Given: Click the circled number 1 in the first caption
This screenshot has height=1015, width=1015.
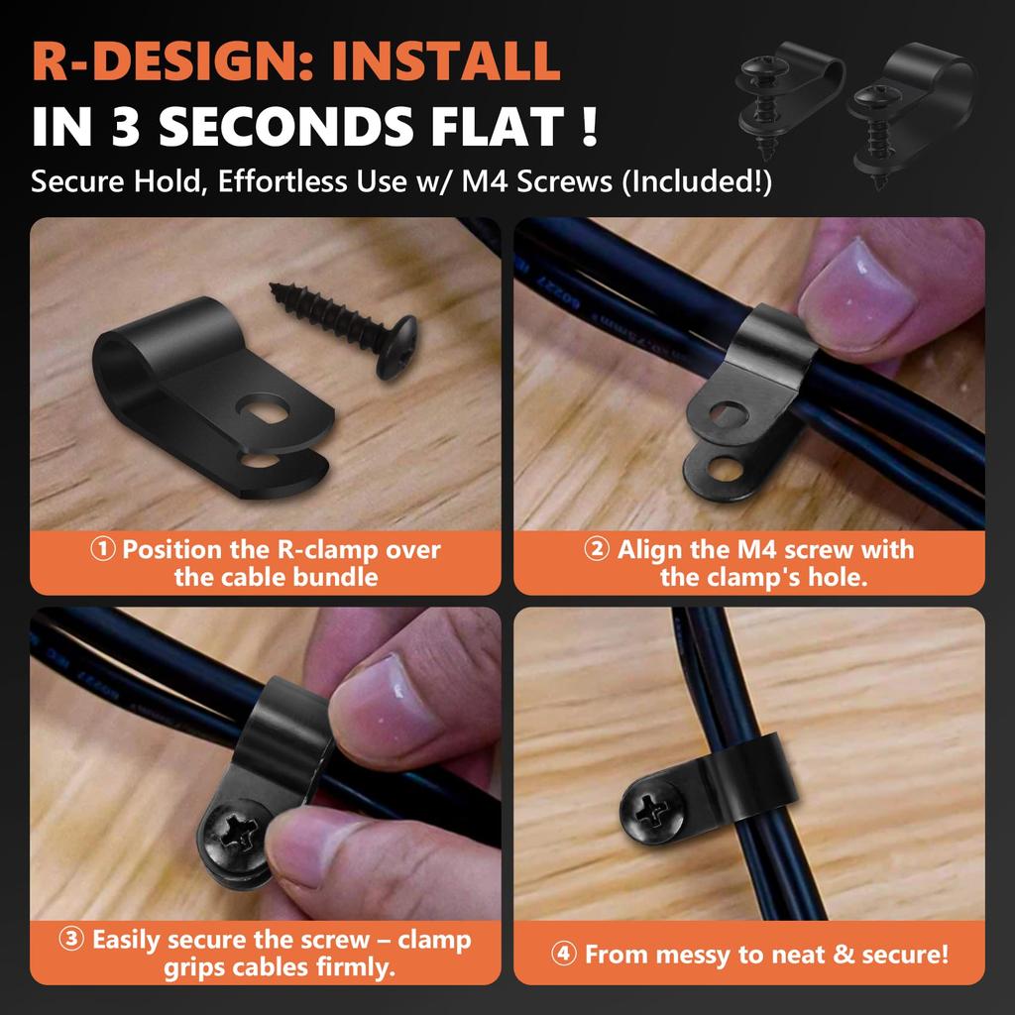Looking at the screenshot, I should [103, 550].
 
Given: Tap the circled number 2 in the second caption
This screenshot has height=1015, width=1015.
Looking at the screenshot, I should [597, 550].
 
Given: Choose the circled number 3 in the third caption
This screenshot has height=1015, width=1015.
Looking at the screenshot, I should [72, 940].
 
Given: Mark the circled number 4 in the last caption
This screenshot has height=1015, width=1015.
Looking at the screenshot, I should [563, 955].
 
